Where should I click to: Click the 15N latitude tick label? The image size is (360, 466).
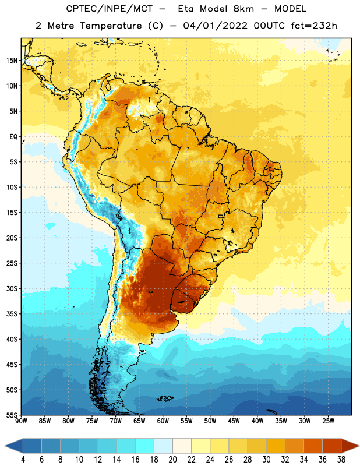click(x=12, y=61)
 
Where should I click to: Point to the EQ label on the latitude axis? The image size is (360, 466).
click(x=13, y=137)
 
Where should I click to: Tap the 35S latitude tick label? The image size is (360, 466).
click(x=12, y=314)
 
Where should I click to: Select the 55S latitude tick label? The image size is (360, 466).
click(x=12, y=415)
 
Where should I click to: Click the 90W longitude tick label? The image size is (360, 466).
click(x=21, y=421)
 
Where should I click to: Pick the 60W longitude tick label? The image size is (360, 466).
click(x=163, y=421)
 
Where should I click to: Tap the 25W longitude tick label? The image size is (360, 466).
click(x=328, y=421)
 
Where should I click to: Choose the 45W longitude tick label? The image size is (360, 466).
click(x=234, y=421)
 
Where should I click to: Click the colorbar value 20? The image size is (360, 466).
click(x=172, y=460)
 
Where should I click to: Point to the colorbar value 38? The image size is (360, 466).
click(x=341, y=460)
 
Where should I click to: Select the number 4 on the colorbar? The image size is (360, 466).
click(x=23, y=460)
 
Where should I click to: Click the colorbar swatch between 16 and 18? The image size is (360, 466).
click(x=145, y=446)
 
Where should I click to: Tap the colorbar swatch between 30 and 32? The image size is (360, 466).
click(x=276, y=446)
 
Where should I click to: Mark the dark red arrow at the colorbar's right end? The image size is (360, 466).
click(x=350, y=446)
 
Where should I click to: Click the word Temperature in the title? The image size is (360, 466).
click(x=111, y=26)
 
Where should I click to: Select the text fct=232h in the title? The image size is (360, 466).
click(x=314, y=26)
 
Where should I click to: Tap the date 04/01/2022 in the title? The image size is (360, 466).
click(x=215, y=26)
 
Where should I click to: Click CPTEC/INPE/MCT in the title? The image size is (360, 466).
click(x=109, y=9)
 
